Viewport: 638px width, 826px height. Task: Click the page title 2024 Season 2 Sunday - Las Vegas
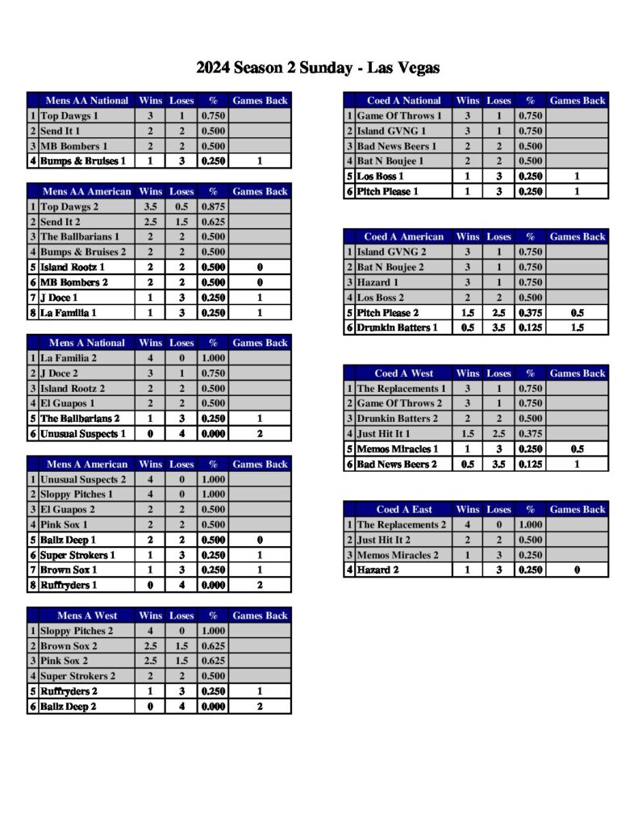pos(318,68)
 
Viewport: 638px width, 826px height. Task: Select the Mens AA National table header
pos(86,101)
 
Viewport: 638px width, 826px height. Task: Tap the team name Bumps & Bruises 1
pos(83,161)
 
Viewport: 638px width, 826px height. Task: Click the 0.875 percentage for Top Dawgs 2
pos(213,206)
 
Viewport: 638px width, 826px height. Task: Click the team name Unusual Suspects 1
pos(83,434)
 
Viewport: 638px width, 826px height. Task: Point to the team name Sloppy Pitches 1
pos(77,494)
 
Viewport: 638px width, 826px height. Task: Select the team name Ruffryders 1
pos(69,585)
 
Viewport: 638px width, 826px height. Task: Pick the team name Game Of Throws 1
pos(399,116)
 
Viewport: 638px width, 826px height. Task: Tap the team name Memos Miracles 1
pos(398,449)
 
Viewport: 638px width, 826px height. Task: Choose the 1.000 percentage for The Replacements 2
pos(530,525)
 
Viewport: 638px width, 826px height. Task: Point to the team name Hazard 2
pos(379,570)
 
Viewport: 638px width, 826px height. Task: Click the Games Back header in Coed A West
pos(578,373)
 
